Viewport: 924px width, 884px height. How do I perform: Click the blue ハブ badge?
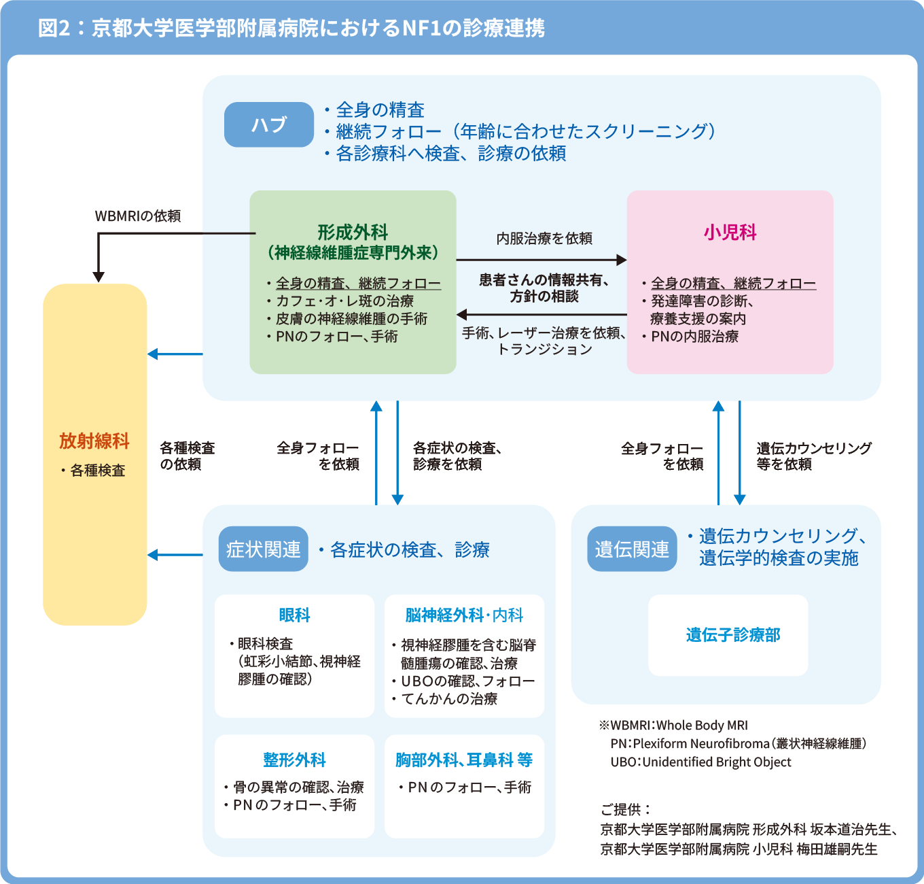(269, 124)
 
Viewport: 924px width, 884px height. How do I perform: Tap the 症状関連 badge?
(263, 549)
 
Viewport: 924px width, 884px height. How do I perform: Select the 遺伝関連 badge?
(632, 549)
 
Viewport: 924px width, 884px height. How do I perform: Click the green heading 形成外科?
(353, 233)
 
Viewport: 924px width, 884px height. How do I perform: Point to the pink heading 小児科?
(730, 233)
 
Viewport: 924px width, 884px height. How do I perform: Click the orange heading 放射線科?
(94, 441)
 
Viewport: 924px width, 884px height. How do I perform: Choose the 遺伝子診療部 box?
(728, 635)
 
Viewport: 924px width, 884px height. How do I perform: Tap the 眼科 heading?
(294, 615)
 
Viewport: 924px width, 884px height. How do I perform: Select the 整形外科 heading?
(294, 760)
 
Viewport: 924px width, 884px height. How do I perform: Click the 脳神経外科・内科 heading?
(464, 615)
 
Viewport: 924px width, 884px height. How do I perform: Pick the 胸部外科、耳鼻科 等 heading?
(464, 760)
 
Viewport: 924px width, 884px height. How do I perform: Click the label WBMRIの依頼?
(138, 216)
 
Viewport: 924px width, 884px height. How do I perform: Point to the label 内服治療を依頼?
(544, 238)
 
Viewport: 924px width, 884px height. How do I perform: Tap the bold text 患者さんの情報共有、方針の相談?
(544, 288)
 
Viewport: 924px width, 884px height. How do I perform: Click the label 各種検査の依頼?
(187, 456)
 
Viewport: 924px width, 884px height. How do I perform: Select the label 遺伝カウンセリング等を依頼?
(814, 456)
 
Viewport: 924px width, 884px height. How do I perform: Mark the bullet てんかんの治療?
(444, 698)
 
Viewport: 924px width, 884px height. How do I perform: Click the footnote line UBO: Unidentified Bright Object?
(701, 762)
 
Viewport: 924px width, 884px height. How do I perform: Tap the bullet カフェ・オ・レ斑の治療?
(340, 301)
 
